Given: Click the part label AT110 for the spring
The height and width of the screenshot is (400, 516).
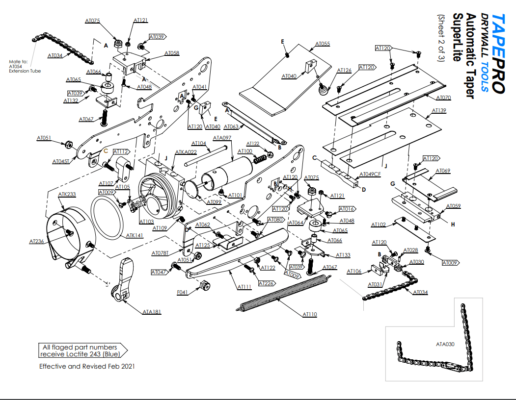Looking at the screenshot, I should [x=310, y=314].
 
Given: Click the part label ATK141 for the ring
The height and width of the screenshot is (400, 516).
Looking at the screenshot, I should [x=135, y=236].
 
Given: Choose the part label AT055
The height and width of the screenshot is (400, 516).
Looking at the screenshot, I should [x=323, y=44].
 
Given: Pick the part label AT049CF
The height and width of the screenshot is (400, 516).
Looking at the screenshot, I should [x=370, y=174].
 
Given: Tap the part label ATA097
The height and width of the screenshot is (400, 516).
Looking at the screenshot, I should [x=223, y=138].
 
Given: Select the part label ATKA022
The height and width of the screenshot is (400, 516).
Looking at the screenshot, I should [x=186, y=152].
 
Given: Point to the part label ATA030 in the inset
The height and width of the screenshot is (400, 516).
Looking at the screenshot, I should [x=445, y=344].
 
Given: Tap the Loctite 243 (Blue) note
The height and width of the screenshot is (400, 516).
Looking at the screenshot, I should [x=80, y=350].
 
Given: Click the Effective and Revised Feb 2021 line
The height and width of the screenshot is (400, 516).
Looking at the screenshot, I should [x=87, y=366].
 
